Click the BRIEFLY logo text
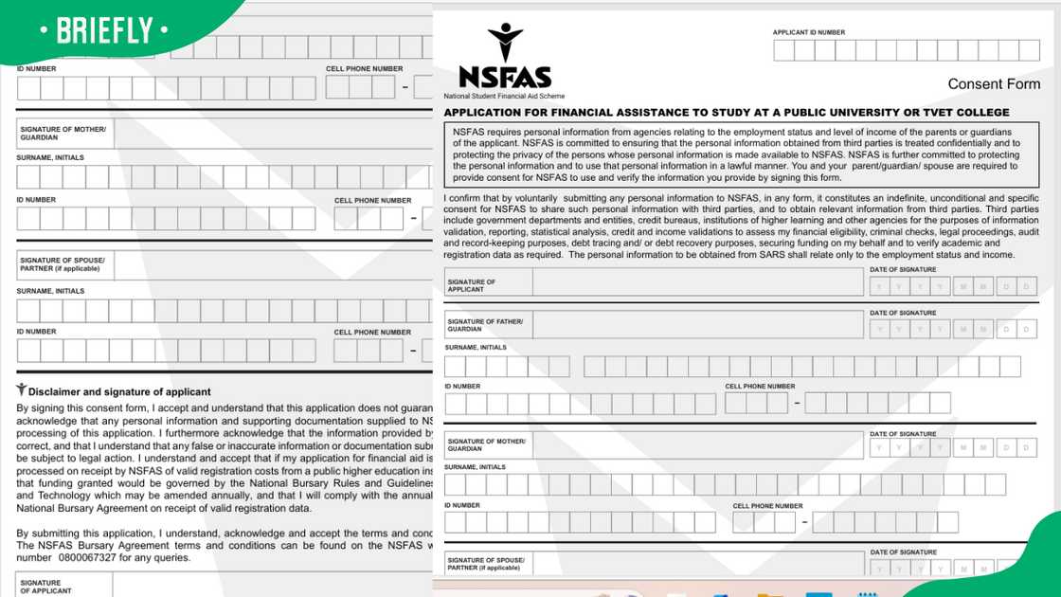[x=104, y=30]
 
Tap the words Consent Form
[x=994, y=84]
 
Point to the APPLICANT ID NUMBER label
[x=809, y=33]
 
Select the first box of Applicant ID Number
[x=783, y=50]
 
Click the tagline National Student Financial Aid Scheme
[x=504, y=97]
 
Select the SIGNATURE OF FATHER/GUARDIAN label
[x=485, y=325]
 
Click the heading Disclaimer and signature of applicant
[x=119, y=391]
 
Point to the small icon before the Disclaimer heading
[x=21, y=389]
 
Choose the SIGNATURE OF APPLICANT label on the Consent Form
[x=472, y=285]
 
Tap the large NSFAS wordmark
[x=505, y=78]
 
